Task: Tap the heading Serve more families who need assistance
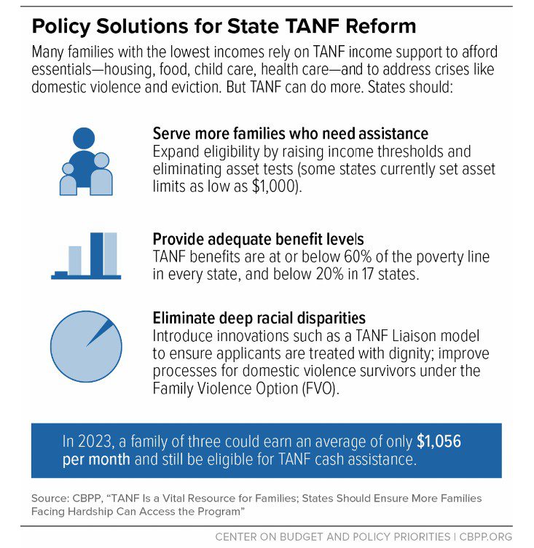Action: point(290,134)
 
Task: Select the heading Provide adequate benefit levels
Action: point(258,239)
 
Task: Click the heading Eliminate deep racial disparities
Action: point(259,318)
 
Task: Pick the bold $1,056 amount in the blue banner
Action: point(439,442)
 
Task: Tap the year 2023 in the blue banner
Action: point(93,442)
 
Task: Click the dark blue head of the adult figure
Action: point(85,138)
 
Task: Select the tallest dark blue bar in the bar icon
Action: point(96,254)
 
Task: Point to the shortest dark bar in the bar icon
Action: point(61,273)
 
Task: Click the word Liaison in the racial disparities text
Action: point(416,336)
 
